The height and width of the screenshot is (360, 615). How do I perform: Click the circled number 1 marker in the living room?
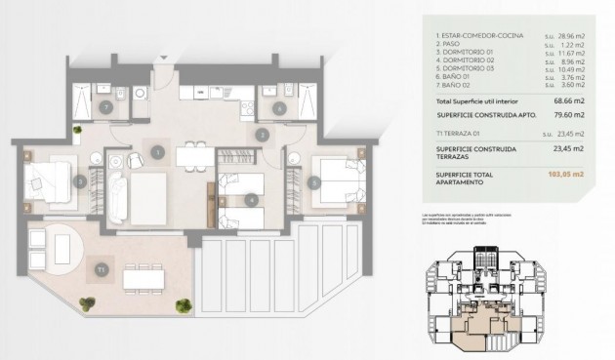click(156, 150)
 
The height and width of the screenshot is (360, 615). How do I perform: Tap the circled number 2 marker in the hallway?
click(261, 135)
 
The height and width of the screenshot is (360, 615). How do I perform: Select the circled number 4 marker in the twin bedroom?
click(253, 200)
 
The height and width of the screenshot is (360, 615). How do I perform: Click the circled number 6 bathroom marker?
click(280, 108)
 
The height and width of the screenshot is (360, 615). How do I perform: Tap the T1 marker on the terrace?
click(100, 268)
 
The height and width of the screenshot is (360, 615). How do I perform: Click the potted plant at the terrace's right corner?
click(183, 306)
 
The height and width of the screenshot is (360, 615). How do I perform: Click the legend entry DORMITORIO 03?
click(471, 69)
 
